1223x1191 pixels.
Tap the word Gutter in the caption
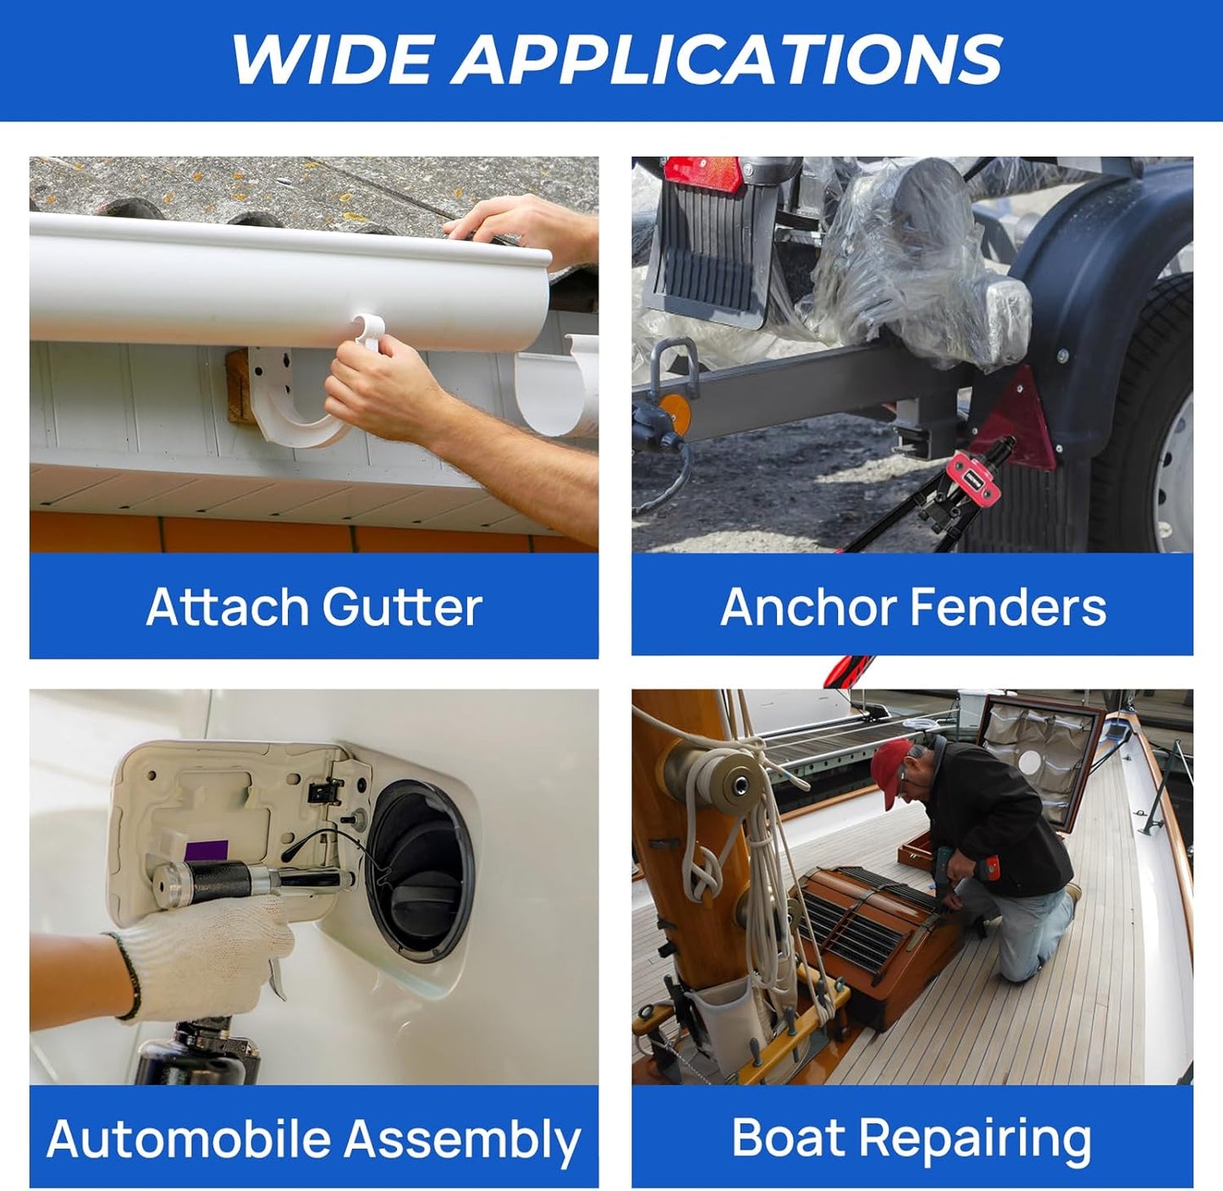[402, 606]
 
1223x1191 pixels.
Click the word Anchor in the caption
[808, 606]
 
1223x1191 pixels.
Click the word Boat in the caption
[789, 1136]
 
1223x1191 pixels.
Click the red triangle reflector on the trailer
[1012, 418]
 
